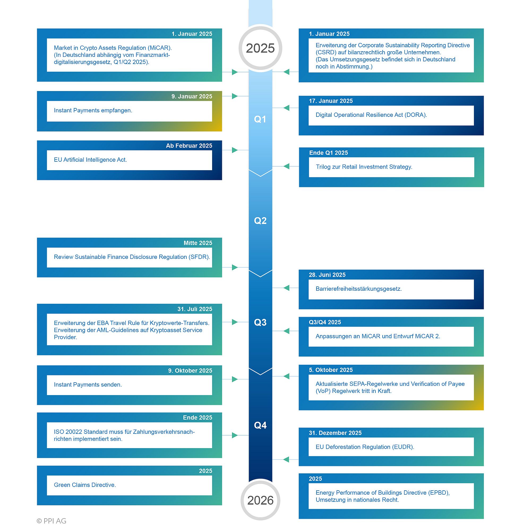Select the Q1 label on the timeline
point(260,119)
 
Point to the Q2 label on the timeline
point(260,221)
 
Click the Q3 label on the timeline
point(260,322)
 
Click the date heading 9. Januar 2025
point(192,96)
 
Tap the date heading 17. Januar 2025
point(331,101)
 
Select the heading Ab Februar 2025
point(189,146)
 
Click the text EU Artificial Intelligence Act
point(91,160)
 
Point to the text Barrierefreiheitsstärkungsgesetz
point(359,289)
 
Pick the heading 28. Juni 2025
point(327,275)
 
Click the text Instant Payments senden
point(88,384)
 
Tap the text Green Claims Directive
point(85,485)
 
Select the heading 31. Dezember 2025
point(335,433)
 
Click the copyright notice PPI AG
point(52,521)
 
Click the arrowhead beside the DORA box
point(286,108)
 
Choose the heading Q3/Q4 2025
point(325,322)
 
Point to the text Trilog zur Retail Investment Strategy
point(364,167)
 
